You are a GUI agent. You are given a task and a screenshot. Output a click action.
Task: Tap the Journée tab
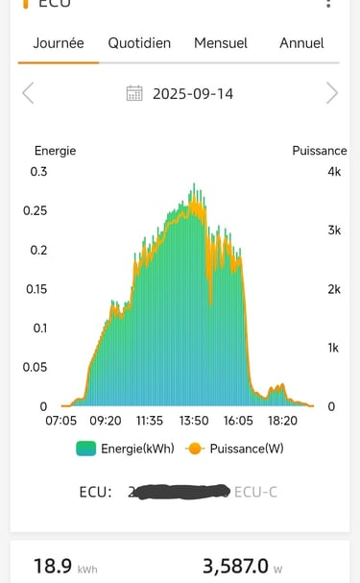(59, 43)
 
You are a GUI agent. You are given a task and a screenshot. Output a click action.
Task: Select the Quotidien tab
(139, 43)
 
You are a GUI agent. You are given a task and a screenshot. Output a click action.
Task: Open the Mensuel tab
(221, 43)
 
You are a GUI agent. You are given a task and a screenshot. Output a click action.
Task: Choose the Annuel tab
(301, 43)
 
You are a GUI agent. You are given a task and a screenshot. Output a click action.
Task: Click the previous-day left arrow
(28, 93)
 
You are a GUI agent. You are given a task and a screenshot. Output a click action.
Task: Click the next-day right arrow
(332, 93)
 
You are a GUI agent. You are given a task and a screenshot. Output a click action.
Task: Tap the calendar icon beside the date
(135, 93)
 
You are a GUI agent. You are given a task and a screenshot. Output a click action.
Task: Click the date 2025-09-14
(193, 94)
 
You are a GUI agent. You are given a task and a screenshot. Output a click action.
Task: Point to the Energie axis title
(55, 150)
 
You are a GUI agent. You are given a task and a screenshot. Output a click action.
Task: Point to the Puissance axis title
(320, 150)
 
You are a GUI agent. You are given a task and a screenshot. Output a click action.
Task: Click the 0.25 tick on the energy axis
(36, 210)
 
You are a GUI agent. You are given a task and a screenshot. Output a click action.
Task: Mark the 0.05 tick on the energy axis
(36, 367)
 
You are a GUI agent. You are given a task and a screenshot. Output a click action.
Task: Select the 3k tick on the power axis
(333, 231)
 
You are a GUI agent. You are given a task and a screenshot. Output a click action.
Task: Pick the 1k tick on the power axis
(333, 348)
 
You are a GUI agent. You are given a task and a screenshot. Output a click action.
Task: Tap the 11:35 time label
(149, 421)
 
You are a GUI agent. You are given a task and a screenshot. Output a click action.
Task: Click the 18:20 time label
(282, 421)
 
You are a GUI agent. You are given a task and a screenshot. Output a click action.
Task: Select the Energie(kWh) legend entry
(126, 449)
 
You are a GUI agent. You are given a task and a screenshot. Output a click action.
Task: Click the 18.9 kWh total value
(54, 567)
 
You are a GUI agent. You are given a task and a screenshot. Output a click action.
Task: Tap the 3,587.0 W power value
(236, 567)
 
